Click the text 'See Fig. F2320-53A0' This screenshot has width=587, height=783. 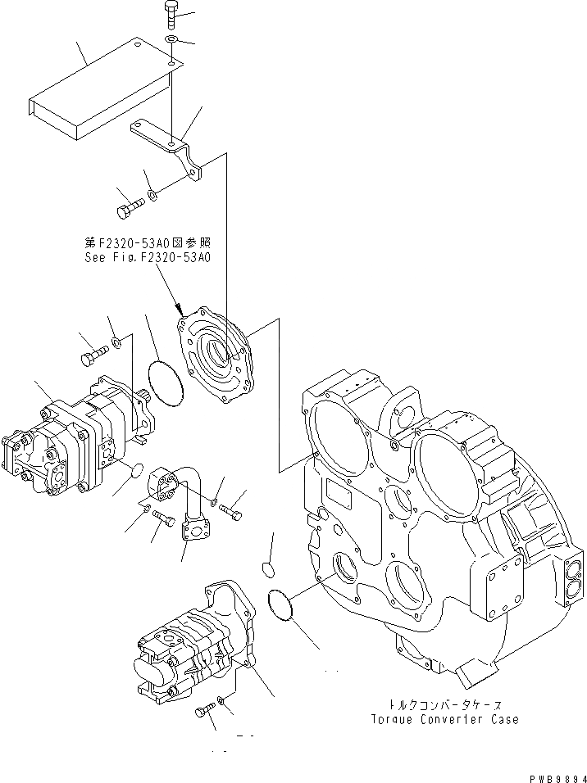click(x=148, y=256)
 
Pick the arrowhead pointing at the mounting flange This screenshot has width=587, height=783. click(x=177, y=310)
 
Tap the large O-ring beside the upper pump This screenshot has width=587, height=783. click(x=166, y=383)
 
